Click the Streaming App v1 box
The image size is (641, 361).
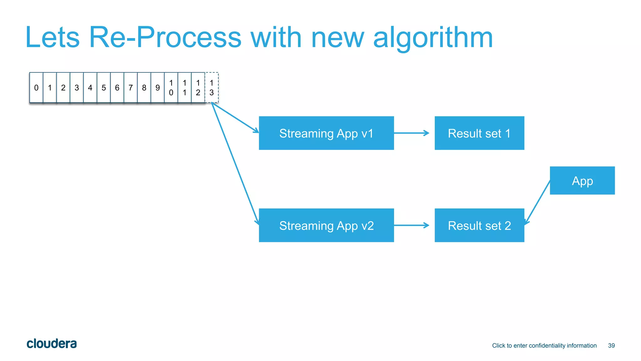point(326,133)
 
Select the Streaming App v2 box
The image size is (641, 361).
point(326,225)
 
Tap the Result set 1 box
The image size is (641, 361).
point(479,133)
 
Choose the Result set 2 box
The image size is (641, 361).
point(479,225)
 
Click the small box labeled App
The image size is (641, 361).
point(582,180)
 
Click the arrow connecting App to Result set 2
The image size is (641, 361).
point(537,202)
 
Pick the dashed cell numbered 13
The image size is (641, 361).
point(212,88)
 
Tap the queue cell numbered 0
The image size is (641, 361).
point(36,88)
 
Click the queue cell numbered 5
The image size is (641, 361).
point(104,88)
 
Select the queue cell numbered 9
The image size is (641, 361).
point(158,88)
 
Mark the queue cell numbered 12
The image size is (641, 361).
point(198,88)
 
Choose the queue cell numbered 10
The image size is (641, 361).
point(171,88)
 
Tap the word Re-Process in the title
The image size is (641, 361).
point(165,38)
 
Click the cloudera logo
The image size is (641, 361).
point(52,344)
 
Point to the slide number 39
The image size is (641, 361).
point(611,346)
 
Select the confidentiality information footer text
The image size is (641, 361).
point(544,346)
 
